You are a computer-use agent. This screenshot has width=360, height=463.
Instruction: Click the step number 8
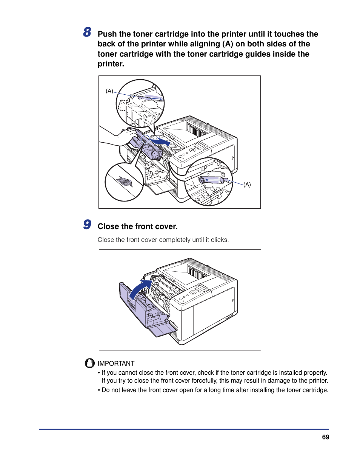(x=87, y=32)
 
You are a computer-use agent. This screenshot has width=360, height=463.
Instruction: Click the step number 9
(x=87, y=225)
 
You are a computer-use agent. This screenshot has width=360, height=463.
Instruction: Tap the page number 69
(x=325, y=437)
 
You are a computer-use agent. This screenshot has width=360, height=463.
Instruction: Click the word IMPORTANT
(x=116, y=363)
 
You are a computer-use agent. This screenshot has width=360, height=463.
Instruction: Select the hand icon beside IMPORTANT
(x=89, y=363)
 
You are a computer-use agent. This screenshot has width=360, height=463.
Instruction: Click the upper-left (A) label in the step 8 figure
(x=109, y=91)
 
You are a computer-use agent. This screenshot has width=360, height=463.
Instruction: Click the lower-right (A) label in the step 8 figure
(x=247, y=185)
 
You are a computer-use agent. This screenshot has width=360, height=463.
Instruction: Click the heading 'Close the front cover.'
(x=137, y=226)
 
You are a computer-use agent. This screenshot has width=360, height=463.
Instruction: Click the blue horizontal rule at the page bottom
(x=183, y=429)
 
